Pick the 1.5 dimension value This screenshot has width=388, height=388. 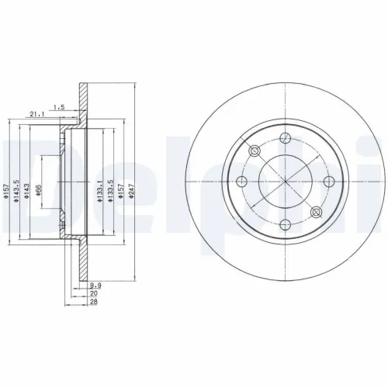pyautogui.click(x=59, y=106)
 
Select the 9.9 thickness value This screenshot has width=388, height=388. pyautogui.click(x=95, y=286)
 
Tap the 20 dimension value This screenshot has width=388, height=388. pyautogui.click(x=94, y=294)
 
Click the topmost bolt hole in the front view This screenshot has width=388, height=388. pyautogui.click(x=285, y=138)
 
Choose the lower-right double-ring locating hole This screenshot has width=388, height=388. pyautogui.click(x=315, y=212)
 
